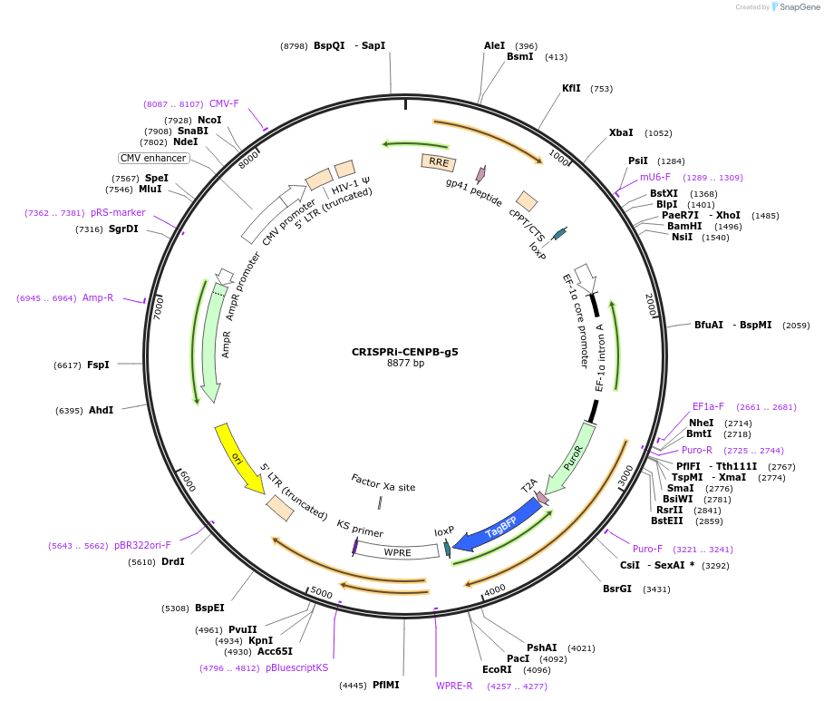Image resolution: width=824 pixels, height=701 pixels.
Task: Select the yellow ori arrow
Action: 238,456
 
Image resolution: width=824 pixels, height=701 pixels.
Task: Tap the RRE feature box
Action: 438,162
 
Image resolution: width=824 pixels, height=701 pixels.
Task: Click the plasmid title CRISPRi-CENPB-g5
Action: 405,351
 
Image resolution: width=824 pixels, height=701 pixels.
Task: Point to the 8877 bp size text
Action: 405,364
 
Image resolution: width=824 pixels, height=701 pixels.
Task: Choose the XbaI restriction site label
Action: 621,132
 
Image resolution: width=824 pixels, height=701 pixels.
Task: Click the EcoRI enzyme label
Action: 497,670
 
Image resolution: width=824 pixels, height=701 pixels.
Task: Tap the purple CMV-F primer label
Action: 224,103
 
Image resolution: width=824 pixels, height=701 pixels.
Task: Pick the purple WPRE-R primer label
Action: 454,686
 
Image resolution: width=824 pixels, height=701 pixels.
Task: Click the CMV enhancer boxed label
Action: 154,158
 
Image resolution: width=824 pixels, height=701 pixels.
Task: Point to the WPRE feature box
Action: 398,550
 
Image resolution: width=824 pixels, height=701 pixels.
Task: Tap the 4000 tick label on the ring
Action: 494,590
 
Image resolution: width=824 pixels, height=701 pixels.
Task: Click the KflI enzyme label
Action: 571,88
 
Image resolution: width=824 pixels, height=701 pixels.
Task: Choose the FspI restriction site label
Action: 98,365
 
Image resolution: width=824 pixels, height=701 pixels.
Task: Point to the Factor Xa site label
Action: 383,487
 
